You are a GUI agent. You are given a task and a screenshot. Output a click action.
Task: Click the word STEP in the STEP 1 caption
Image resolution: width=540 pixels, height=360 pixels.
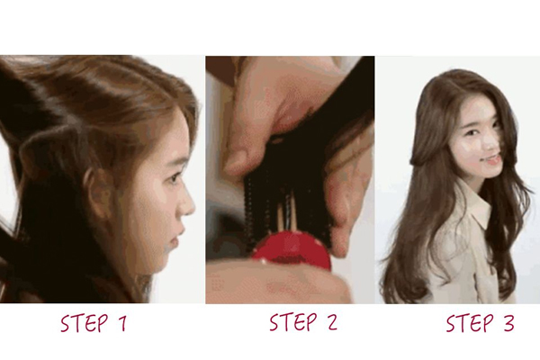point(85,322)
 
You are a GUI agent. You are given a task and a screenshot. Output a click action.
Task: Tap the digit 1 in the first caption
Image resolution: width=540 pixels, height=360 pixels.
point(121,323)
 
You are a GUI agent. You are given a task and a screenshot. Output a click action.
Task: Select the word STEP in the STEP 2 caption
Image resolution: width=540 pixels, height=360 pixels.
point(293,322)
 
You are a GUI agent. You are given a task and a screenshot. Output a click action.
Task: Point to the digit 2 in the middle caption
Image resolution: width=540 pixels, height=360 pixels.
point(330,322)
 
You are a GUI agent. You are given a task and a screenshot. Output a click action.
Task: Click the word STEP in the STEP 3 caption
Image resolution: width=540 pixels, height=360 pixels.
point(471,322)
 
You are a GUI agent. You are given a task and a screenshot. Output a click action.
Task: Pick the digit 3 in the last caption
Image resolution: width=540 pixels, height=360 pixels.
point(507,323)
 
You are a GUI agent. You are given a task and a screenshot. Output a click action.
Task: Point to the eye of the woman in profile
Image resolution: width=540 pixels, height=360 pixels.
point(175,177)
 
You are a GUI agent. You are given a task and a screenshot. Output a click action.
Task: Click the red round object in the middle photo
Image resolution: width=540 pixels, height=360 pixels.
point(291,251)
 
